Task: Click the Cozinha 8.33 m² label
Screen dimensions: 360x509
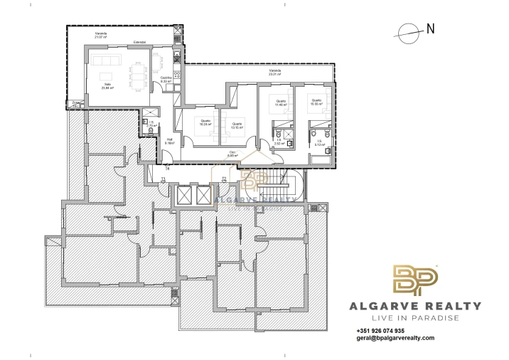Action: pos(166,80)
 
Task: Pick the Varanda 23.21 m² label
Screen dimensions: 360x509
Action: pos(274,72)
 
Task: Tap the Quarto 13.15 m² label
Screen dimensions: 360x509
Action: pos(237,126)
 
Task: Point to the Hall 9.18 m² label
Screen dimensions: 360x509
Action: pos(169,141)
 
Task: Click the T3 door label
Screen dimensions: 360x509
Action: pos(163,179)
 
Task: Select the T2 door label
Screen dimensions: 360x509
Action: pos(223,179)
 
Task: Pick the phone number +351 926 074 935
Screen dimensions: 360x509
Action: pos(380,331)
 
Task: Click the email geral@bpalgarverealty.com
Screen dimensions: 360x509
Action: pos(395,339)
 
